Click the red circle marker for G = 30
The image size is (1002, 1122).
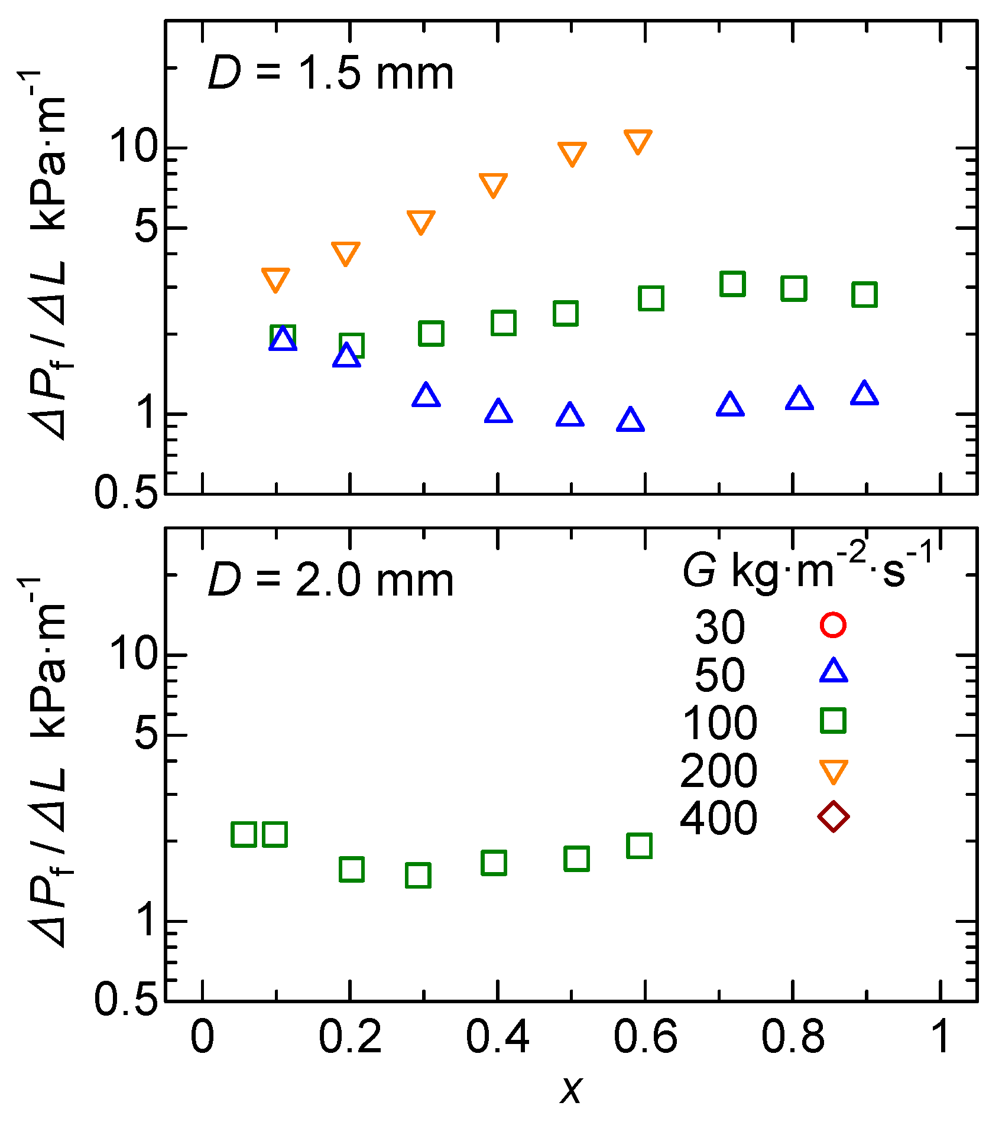833,625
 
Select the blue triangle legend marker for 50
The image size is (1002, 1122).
833,672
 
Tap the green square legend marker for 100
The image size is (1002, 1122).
833,721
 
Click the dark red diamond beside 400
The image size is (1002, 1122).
833,817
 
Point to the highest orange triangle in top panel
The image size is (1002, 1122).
638,141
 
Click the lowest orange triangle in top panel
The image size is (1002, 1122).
275,279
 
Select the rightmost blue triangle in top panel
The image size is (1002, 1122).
864,393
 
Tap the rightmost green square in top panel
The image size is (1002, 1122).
864,294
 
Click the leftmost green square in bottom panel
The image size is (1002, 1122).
244,834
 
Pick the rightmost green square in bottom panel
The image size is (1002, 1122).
640,845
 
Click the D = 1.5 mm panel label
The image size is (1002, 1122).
330,74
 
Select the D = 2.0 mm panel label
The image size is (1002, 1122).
330,581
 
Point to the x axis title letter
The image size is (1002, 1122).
571,1090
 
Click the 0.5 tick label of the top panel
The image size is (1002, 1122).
127,492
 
